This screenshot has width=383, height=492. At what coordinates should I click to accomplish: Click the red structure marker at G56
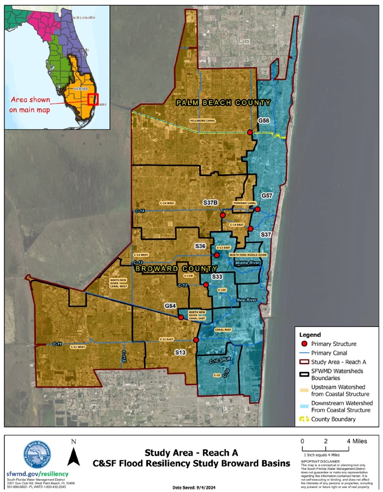point(250,132)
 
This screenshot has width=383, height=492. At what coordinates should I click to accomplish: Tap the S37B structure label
point(211,202)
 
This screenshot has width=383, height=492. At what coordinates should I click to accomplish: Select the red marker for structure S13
point(196,340)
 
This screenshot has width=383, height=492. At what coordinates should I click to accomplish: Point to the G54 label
point(170,306)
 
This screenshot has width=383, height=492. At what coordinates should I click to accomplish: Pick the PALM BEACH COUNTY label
point(223,102)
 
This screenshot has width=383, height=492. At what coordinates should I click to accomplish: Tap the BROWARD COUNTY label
point(176,269)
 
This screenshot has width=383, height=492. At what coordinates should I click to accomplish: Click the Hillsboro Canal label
point(202,120)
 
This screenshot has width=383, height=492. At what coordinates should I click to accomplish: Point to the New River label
point(247,300)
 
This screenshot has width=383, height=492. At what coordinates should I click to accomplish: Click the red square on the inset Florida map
point(93,99)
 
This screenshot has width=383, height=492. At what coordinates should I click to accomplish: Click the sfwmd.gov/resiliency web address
point(37,474)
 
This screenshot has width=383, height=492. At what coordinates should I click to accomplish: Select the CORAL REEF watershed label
point(223,329)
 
